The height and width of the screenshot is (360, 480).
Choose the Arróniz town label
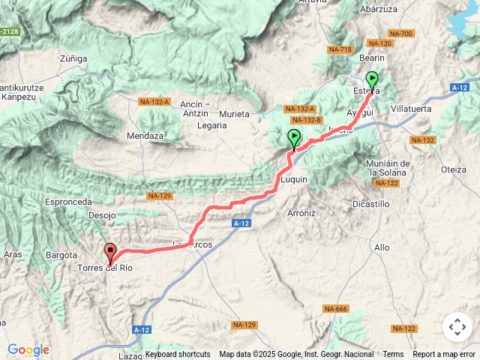coord(301,213)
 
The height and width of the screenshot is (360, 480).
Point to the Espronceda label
coord(68,202)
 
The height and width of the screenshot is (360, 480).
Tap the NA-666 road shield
coord(335,309)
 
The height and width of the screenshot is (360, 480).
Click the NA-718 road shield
coord(340,49)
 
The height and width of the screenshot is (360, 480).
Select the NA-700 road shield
coord(401,34)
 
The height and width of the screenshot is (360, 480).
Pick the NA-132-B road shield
coord(306,120)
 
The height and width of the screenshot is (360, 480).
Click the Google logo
coord(28,349)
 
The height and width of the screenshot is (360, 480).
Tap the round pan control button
coord(457,327)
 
